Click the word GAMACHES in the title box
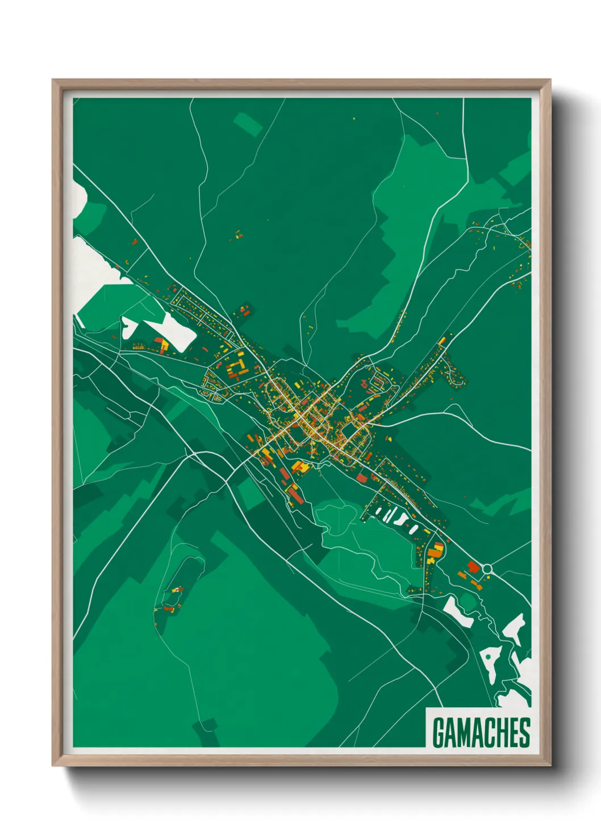tap(481, 732)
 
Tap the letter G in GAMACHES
tap(439, 732)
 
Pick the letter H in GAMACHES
tap(504, 732)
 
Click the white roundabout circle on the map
tap(487, 569)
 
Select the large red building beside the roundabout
tap(473, 566)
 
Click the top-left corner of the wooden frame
tap(53, 81)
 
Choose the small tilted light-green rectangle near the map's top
tap(248, 124)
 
